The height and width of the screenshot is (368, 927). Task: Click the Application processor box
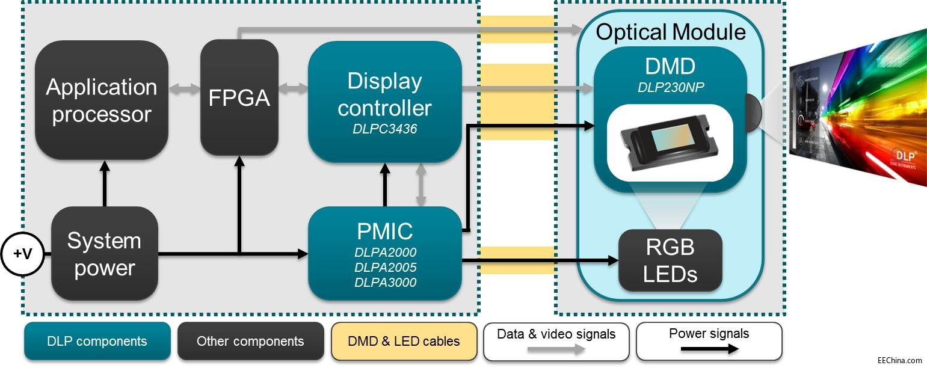[x=101, y=100]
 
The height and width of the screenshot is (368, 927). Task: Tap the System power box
[x=104, y=254]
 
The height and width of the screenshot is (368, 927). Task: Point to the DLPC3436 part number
[x=384, y=128]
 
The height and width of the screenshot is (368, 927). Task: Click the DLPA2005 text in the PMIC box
[x=385, y=267]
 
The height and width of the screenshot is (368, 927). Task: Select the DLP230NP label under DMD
[x=671, y=88]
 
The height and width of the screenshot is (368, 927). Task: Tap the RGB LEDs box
[x=670, y=260]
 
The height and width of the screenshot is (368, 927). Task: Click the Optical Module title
[x=670, y=32]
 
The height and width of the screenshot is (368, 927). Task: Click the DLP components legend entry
[x=97, y=342]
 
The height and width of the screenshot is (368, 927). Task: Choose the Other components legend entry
[x=250, y=342]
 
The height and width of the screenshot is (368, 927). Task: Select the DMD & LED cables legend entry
[x=404, y=342]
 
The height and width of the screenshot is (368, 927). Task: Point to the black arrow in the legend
[x=709, y=349]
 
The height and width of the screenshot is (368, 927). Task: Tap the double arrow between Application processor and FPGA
[x=183, y=88]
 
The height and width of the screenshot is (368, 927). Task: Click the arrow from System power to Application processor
[x=104, y=183]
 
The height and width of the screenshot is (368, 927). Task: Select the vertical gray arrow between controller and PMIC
[x=422, y=185]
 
